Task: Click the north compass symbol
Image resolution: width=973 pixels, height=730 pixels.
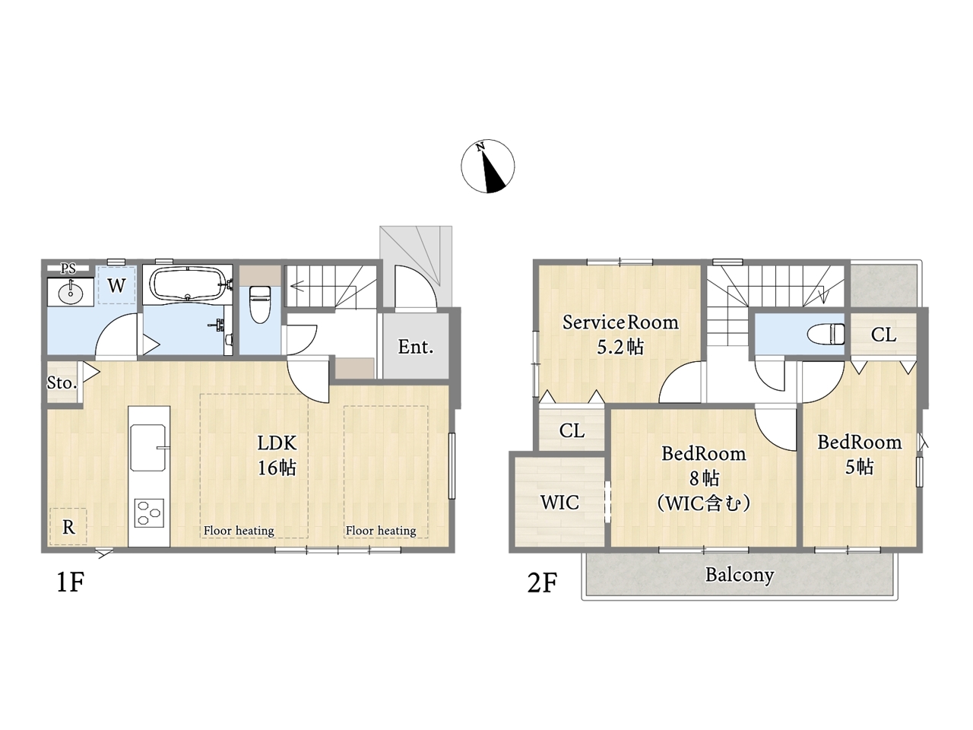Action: [487, 167]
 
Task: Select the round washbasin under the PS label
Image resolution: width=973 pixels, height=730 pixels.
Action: [70, 292]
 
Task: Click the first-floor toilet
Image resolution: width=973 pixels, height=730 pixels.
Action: [260, 304]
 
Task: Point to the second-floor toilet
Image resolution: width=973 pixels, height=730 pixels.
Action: [826, 334]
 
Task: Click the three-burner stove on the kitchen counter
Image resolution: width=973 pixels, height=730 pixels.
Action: [149, 513]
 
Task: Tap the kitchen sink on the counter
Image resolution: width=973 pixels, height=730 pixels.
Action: [148, 448]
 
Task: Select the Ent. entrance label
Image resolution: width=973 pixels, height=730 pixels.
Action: [415, 347]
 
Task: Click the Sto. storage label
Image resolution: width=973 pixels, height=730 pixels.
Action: [62, 382]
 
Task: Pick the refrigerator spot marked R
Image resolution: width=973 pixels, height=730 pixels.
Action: [68, 527]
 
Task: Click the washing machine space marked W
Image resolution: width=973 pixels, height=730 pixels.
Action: [116, 285]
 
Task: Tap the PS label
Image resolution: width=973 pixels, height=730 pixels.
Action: [68, 268]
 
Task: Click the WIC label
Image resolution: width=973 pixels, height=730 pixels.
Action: [559, 502]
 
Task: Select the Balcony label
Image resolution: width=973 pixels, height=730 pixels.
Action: [740, 576]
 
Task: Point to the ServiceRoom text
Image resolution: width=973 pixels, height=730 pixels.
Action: [620, 322]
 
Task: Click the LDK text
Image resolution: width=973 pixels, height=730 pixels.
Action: [277, 443]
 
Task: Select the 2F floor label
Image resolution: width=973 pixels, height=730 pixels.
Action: [542, 582]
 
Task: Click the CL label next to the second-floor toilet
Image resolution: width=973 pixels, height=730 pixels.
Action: [883, 335]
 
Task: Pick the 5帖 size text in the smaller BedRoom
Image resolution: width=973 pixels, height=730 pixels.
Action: [860, 467]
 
